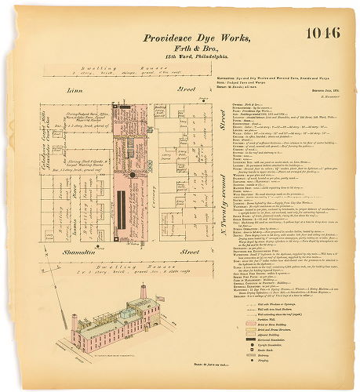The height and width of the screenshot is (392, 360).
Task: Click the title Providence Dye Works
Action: tap(198, 38)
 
